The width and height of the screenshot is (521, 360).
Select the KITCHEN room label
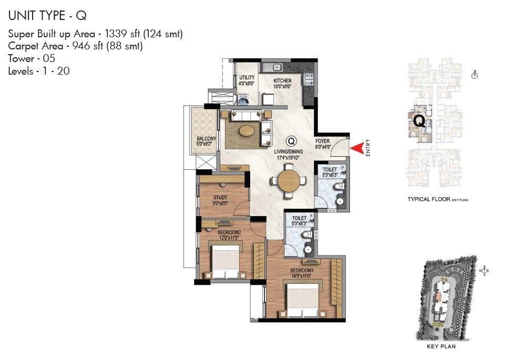click(x=282, y=81)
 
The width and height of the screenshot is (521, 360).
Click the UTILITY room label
click(x=247, y=78)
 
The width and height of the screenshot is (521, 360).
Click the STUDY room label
click(x=220, y=198)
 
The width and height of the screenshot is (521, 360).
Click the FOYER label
click(x=322, y=141)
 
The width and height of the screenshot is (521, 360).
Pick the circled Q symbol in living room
click(x=291, y=141)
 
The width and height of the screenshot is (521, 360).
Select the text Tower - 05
click(x=32, y=58)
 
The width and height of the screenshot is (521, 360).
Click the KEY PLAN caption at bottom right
click(x=441, y=346)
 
